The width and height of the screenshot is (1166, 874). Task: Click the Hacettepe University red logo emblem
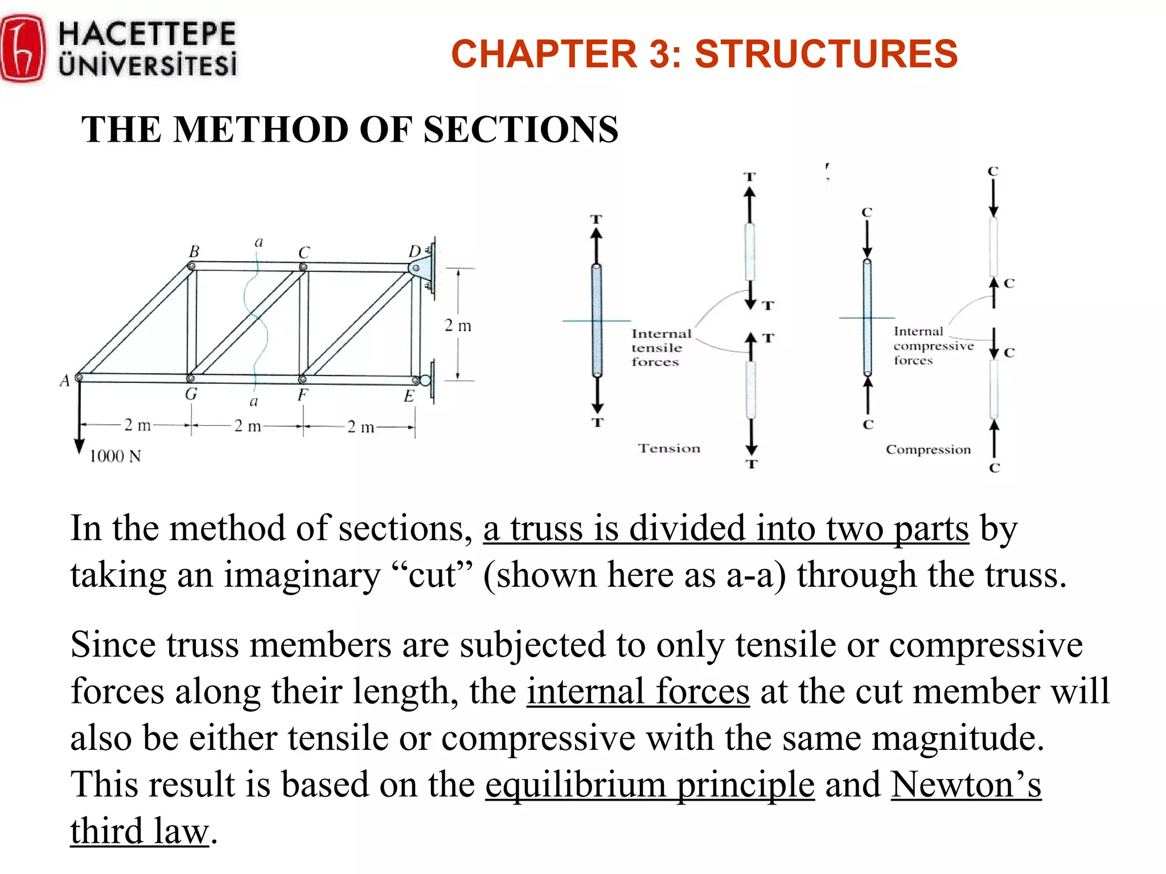[23, 50]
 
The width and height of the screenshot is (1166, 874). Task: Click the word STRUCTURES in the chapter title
[826, 54]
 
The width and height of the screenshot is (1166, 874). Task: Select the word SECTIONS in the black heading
[520, 130]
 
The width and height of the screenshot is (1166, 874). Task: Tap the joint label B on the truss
[194, 252]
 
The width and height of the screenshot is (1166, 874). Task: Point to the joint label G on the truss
[191, 394]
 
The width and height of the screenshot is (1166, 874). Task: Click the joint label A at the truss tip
[64, 380]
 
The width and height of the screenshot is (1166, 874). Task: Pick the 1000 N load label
[115, 456]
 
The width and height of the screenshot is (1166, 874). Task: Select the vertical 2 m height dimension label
[458, 326]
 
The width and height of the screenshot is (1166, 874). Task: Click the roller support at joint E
[426, 380]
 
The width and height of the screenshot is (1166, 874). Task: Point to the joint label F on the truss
[303, 394]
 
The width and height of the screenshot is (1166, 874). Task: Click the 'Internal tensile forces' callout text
[660, 348]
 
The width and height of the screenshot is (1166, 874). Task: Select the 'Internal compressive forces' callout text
[933, 346]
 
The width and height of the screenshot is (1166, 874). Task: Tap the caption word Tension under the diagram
[669, 448]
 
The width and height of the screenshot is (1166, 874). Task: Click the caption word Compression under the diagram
[928, 450]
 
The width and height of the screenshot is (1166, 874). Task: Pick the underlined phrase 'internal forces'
[638, 692]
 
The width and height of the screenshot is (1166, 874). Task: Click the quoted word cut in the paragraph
[432, 575]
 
